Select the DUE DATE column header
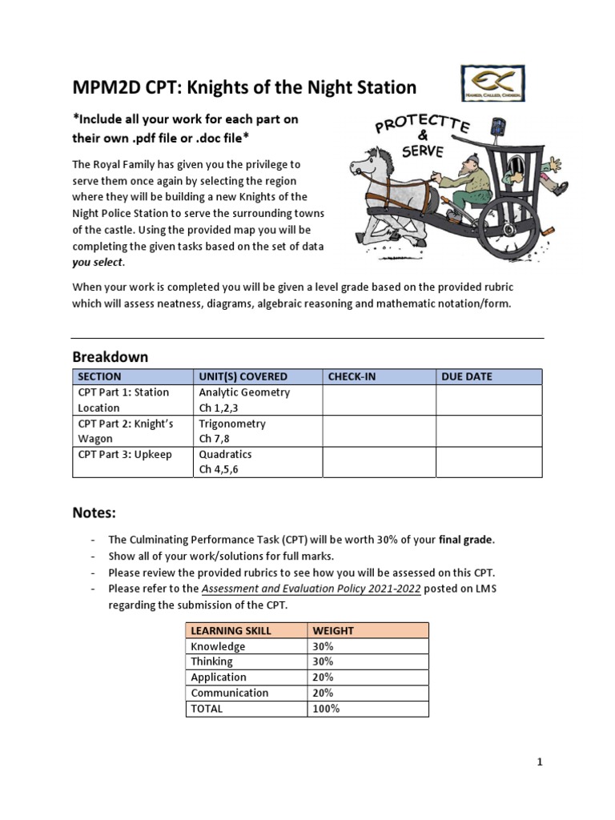[x=467, y=376]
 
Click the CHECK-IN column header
[x=352, y=376]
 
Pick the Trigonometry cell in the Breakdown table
[x=232, y=424]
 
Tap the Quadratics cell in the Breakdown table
[x=227, y=454]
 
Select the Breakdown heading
[x=111, y=356]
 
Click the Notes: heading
[x=94, y=512]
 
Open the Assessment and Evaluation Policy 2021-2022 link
[x=311, y=589]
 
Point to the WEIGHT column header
[x=333, y=631]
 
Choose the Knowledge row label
[x=218, y=646]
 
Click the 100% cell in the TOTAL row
[x=326, y=709]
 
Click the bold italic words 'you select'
[x=98, y=263]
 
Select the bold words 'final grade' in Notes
[x=466, y=539]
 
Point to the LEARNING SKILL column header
[x=231, y=631]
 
